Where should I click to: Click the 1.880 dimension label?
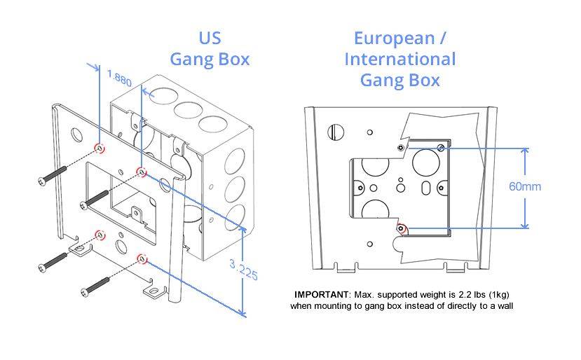119,76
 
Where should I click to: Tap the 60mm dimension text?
525,187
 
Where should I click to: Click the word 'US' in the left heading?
210,38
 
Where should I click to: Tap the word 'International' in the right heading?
399,59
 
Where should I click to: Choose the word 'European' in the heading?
394,38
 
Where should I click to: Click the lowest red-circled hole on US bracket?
142,260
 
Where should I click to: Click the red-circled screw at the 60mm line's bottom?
402,228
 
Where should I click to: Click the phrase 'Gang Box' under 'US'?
210,59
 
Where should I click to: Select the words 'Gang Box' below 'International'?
399,80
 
